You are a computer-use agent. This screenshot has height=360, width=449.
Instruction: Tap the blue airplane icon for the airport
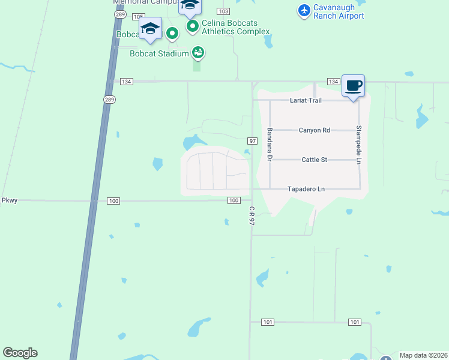click(304, 10)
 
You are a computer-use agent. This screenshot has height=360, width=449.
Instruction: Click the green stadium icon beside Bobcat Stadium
click(197, 53)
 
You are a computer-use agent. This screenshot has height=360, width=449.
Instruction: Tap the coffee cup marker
click(353, 86)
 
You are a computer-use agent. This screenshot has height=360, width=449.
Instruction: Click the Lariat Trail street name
click(306, 100)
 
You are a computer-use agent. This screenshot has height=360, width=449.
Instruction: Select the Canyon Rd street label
click(315, 130)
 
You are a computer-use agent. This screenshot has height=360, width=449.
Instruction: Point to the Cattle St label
click(314, 160)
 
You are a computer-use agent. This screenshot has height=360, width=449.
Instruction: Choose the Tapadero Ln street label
click(307, 189)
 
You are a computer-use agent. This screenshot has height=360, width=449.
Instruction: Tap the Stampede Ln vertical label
click(359, 145)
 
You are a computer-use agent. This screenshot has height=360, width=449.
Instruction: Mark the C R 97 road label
click(252, 215)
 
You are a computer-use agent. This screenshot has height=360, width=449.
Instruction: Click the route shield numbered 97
click(252, 140)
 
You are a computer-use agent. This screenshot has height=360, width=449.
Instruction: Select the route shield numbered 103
click(224, 11)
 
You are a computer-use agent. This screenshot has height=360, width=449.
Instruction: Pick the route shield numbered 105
click(139, 16)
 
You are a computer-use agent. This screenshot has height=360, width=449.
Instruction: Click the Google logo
click(20, 353)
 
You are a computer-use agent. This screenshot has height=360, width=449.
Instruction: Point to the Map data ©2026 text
click(424, 355)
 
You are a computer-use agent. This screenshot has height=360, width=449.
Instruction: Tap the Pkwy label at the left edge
click(9, 200)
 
